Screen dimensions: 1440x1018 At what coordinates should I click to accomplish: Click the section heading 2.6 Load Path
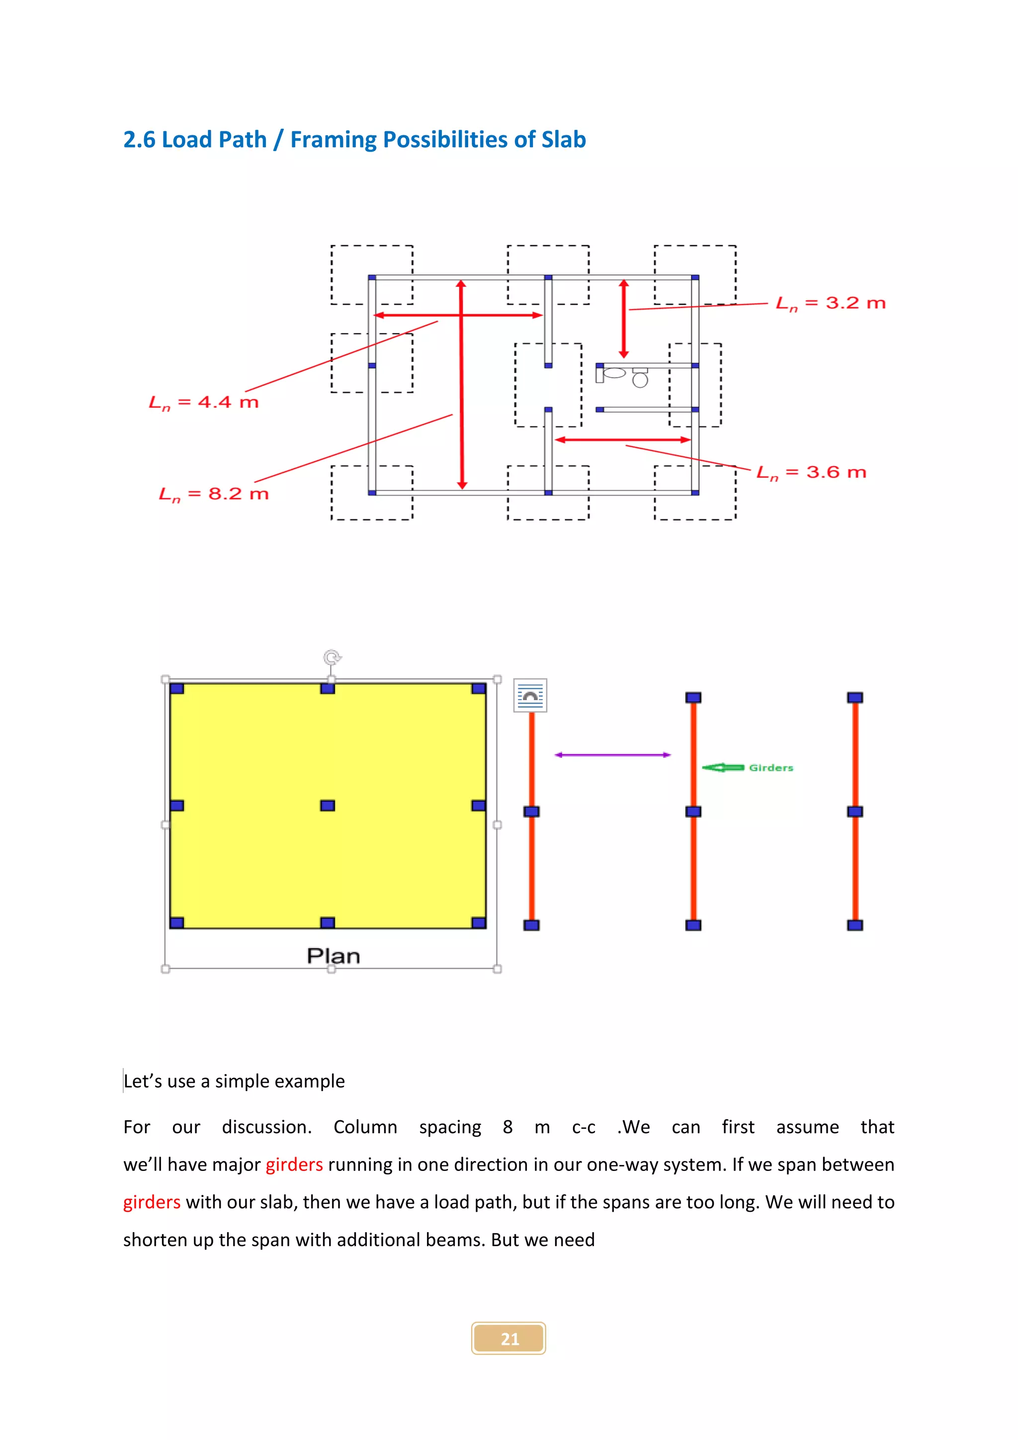(x=354, y=139)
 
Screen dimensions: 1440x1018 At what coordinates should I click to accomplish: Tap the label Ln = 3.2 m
(x=830, y=303)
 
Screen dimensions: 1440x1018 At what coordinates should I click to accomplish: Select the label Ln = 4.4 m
(x=204, y=403)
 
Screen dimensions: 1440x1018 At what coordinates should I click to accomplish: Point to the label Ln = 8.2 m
(x=214, y=494)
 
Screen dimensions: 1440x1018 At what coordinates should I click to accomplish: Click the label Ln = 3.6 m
(x=811, y=472)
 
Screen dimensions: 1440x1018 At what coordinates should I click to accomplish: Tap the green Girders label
(x=770, y=768)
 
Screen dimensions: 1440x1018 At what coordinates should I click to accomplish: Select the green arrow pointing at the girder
(x=723, y=767)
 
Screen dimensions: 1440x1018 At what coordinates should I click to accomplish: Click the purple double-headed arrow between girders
(x=612, y=755)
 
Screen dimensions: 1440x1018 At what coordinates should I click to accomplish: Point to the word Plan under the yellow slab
(x=333, y=956)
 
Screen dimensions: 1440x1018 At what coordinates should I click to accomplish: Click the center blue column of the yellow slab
(x=327, y=806)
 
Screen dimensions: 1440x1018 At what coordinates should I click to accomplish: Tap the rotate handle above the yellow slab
(x=332, y=657)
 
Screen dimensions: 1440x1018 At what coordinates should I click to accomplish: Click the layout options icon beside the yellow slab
(x=530, y=696)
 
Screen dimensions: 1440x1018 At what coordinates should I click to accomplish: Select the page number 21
(x=509, y=1339)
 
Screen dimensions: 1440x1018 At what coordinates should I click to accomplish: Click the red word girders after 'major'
(x=294, y=1165)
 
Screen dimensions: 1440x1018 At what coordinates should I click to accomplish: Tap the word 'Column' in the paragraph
(x=365, y=1127)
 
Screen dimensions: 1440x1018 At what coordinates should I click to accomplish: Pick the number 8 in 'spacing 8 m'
(x=508, y=1127)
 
